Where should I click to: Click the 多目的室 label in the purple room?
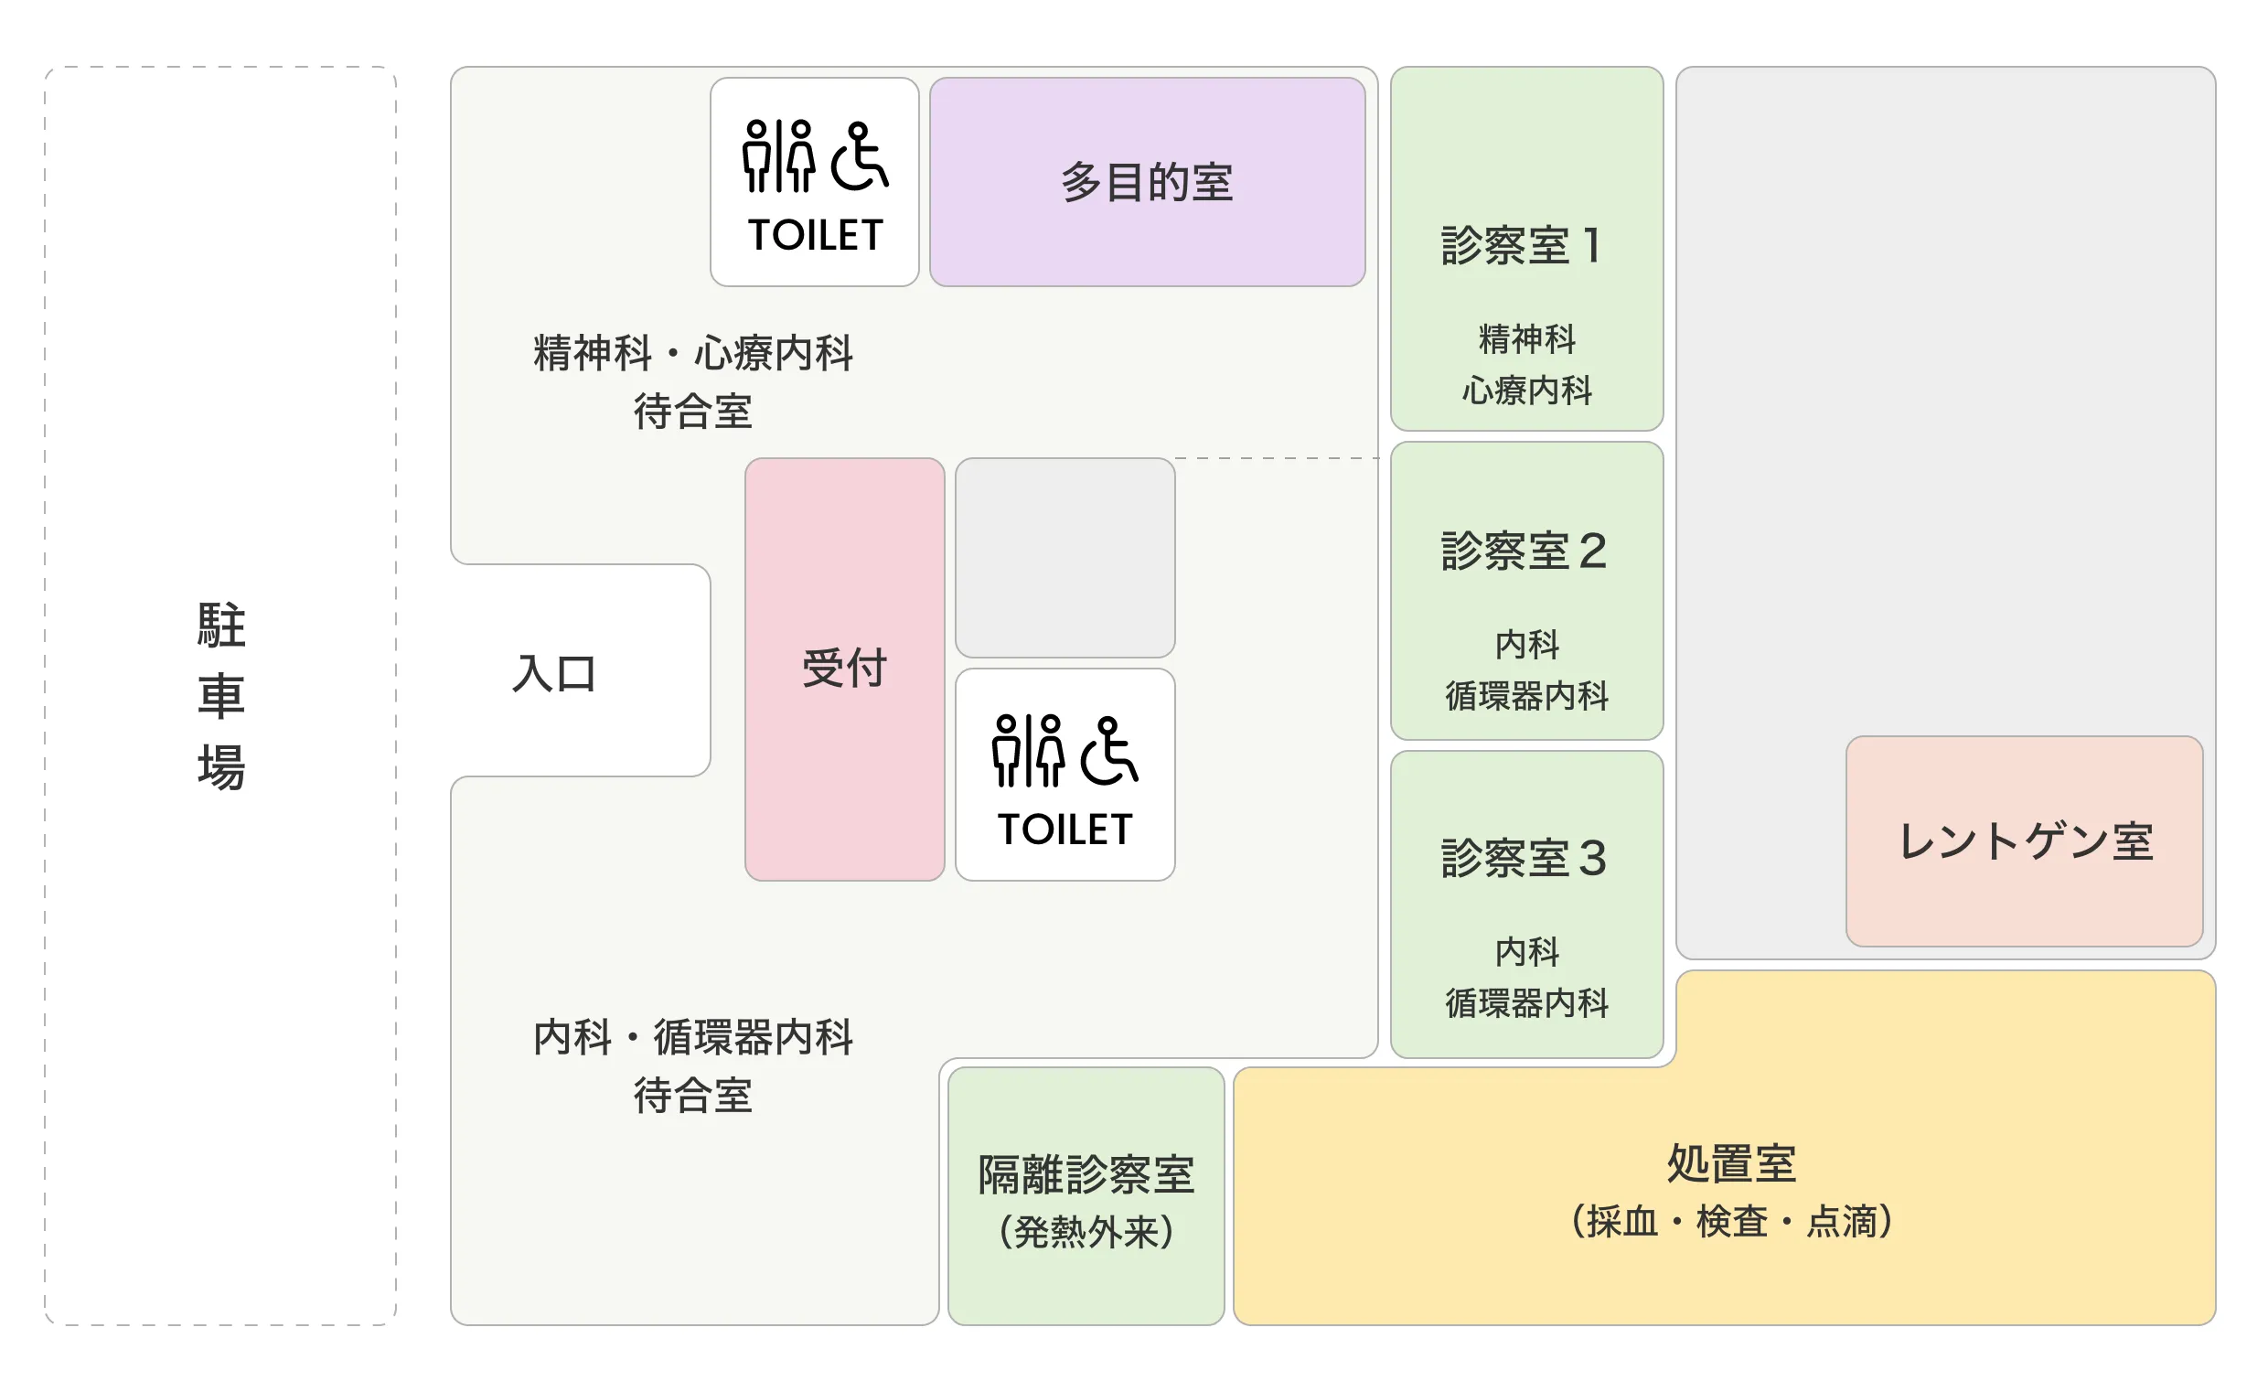pos(1146,182)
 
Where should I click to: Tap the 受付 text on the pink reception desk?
pos(844,668)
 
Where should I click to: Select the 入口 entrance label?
pos(554,673)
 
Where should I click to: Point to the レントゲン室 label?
pos(2025,841)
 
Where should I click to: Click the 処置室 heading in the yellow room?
pos(1731,1162)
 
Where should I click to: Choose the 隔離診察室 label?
pos(1086,1175)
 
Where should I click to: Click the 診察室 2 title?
pos(1524,551)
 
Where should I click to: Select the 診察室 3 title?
pos(1524,858)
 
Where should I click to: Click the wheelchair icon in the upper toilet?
pos(860,155)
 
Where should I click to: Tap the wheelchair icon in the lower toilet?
pos(1109,750)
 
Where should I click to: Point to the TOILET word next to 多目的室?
pos(816,236)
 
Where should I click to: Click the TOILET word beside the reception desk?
pos(1065,830)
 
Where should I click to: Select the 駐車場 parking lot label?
pos(221,696)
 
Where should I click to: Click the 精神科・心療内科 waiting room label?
pos(693,354)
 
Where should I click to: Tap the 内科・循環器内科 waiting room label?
pos(693,1038)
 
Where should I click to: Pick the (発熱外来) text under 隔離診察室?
pos(1086,1232)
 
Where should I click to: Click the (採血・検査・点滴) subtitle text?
pos(1731,1222)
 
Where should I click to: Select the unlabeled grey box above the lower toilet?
pos(1065,558)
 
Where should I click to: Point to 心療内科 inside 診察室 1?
pos(1527,391)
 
